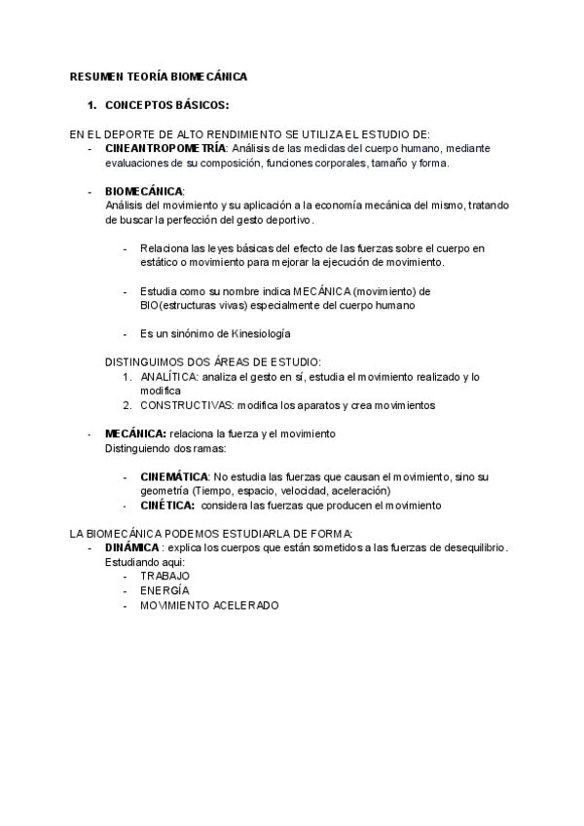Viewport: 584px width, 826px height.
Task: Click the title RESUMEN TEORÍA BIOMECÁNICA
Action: [159, 75]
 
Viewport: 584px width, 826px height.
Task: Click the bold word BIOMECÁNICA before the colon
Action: [143, 191]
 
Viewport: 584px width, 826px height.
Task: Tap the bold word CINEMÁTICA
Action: [174, 476]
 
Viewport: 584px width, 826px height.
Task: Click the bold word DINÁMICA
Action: [132, 547]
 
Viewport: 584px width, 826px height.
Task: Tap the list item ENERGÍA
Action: [164, 590]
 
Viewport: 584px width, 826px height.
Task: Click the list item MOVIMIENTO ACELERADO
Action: [209, 605]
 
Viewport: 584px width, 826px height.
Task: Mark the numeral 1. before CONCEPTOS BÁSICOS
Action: [91, 105]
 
